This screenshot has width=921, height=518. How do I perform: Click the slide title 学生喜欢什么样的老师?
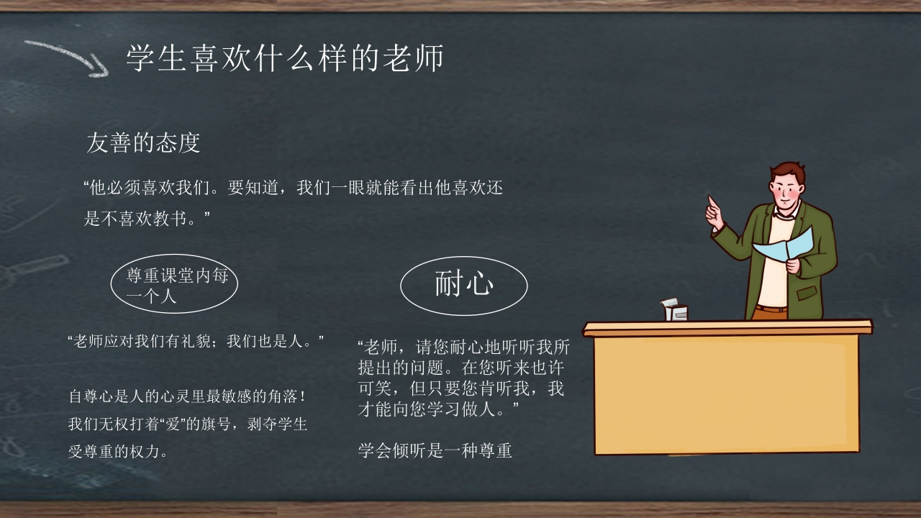tap(284, 58)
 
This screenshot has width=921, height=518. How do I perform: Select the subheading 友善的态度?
tap(143, 142)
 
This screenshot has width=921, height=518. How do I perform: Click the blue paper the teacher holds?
tap(784, 246)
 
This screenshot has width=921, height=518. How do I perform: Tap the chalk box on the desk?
tap(674, 310)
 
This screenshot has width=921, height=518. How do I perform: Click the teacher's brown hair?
tap(788, 171)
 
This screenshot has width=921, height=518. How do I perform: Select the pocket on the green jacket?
tap(807, 294)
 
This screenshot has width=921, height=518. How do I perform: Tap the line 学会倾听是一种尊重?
tap(435, 450)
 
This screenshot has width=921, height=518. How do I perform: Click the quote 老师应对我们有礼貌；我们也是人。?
tap(196, 341)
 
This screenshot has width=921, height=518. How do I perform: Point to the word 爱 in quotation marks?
tap(172, 424)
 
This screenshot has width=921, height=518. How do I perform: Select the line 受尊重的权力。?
tap(119, 451)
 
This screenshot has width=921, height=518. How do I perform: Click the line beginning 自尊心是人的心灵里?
tap(188, 396)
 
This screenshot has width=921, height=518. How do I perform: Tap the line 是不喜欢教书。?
tap(147, 218)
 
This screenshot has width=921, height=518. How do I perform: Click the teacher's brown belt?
tap(771, 309)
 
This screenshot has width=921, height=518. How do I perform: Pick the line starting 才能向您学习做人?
tap(438, 409)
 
